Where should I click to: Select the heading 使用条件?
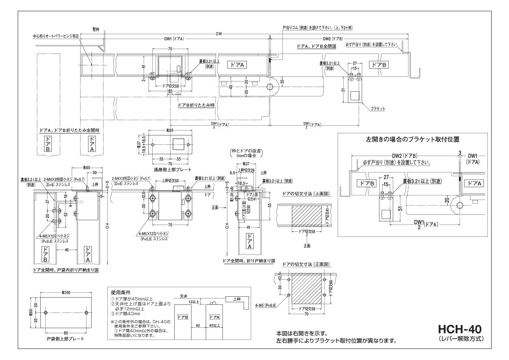[121, 292]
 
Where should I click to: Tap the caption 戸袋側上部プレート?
[65, 340]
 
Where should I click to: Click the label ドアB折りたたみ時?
[196, 104]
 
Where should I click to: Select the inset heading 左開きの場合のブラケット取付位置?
[413, 139]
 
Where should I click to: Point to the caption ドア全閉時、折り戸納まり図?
[249, 261]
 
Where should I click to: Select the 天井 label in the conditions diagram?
[183, 296]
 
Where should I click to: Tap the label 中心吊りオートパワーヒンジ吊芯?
[58, 36]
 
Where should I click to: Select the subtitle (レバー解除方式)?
[460, 339]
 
